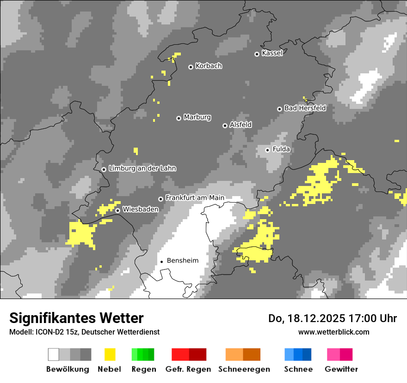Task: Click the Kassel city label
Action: tap(272, 53)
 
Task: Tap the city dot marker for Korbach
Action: tap(191, 67)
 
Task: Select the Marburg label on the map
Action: tap(197, 117)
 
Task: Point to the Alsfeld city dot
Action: tap(225, 126)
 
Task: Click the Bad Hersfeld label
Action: tap(305, 108)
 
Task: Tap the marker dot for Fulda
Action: tap(267, 150)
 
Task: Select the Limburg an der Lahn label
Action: tap(142, 168)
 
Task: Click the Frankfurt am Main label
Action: tap(195, 198)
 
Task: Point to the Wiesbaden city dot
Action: tap(118, 210)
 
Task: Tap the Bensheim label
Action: tap(182, 261)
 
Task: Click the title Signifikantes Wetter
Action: tap(76, 318)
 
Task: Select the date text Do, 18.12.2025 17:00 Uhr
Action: tap(333, 318)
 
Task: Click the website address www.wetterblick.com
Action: tap(333, 332)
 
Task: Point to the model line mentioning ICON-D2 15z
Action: tap(84, 332)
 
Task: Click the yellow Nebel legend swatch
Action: tap(110, 354)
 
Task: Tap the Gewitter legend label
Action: tap(341, 369)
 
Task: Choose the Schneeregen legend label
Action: tap(243, 369)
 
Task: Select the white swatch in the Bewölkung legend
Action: tap(54, 354)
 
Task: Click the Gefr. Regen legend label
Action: tap(188, 369)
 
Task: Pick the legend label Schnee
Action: tap(298, 369)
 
